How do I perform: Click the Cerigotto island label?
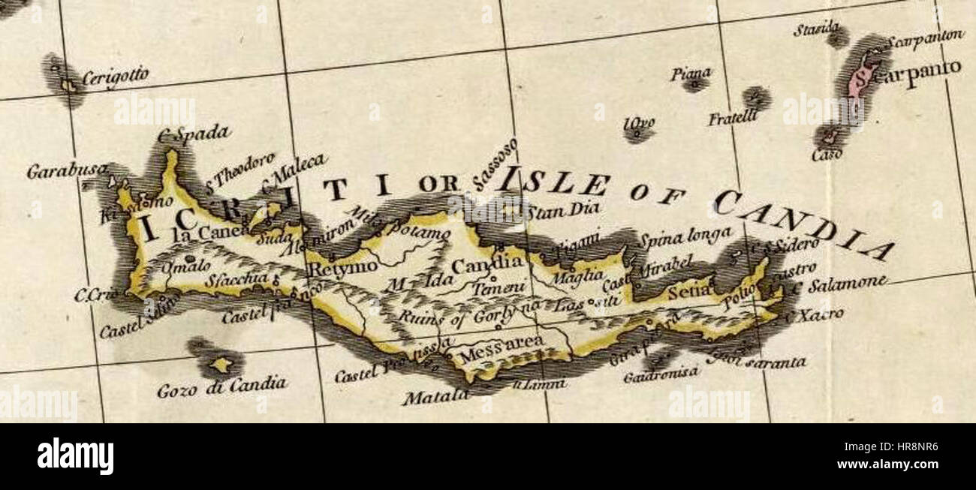tap(115, 77)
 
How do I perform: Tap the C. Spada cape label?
tap(193, 134)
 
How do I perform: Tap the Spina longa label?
tap(685, 239)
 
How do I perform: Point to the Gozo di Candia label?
tap(221, 387)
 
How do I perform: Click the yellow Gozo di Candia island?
tap(219, 365)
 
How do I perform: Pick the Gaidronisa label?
tap(660, 373)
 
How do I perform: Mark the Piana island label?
tap(691, 73)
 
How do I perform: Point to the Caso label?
tap(826, 155)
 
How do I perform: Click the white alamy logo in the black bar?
tap(75, 456)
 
